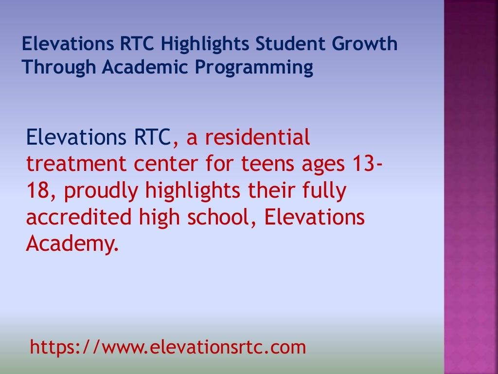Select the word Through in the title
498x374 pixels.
tap(59, 68)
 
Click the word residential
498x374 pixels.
tap(257, 138)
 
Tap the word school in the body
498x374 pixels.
tap(221, 218)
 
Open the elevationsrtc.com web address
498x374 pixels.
tap(168, 347)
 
